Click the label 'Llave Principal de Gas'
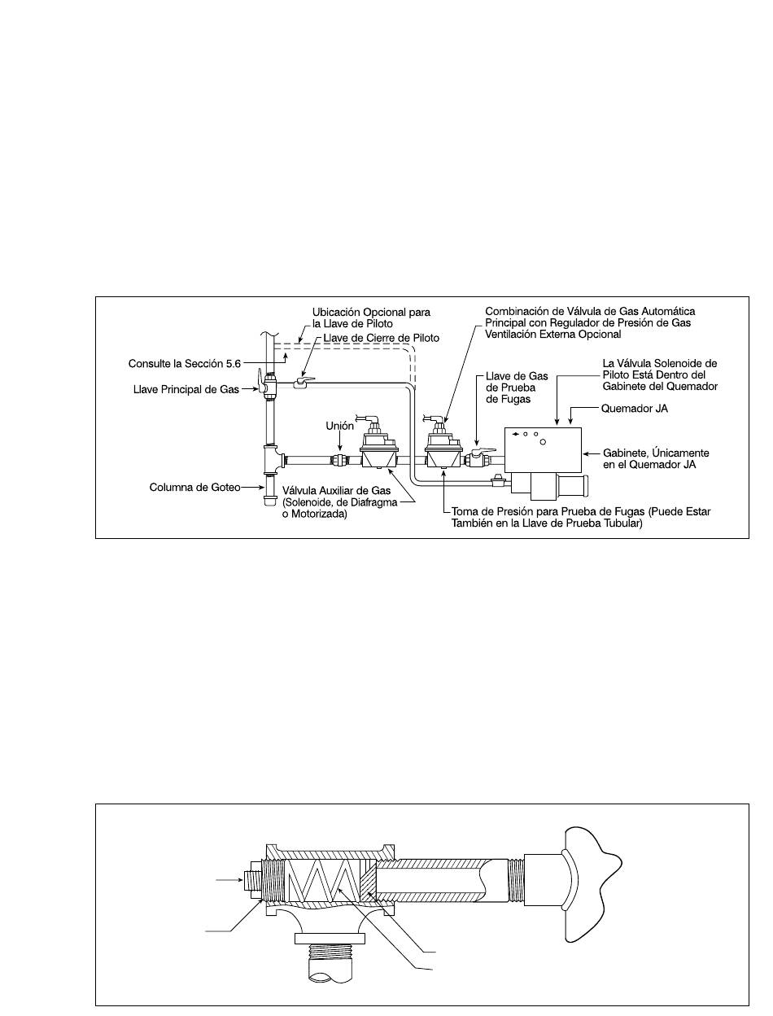point(186,389)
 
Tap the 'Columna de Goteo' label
point(194,487)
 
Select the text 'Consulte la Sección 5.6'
point(185,363)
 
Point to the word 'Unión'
point(339,426)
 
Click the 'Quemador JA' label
point(634,408)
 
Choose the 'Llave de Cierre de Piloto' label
point(381,338)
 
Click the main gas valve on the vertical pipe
point(266,383)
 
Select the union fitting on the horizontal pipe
point(339,461)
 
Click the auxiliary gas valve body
point(379,447)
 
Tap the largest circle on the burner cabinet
point(543,441)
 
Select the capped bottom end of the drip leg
point(269,501)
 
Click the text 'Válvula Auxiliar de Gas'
point(336,490)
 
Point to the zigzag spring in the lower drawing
point(323,884)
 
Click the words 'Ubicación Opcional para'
point(371,312)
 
